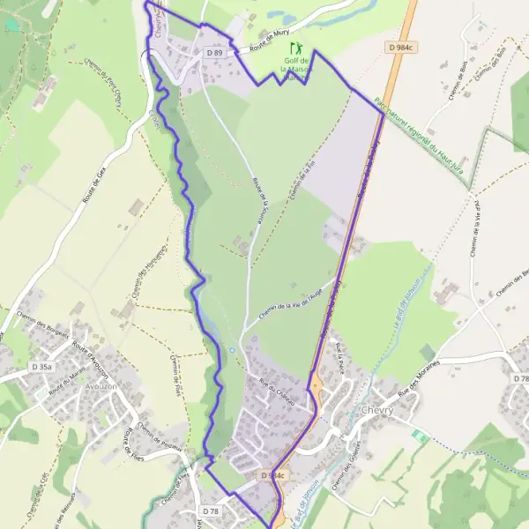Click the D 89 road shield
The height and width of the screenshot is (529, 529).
pos(215,53)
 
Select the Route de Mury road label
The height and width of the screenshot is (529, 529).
pos(270,38)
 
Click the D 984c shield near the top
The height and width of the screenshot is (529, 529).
pos(399,46)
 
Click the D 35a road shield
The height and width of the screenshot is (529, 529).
pos(41,366)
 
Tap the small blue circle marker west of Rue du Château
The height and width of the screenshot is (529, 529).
pos(232,350)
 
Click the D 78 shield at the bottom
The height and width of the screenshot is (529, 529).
pos(210,511)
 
